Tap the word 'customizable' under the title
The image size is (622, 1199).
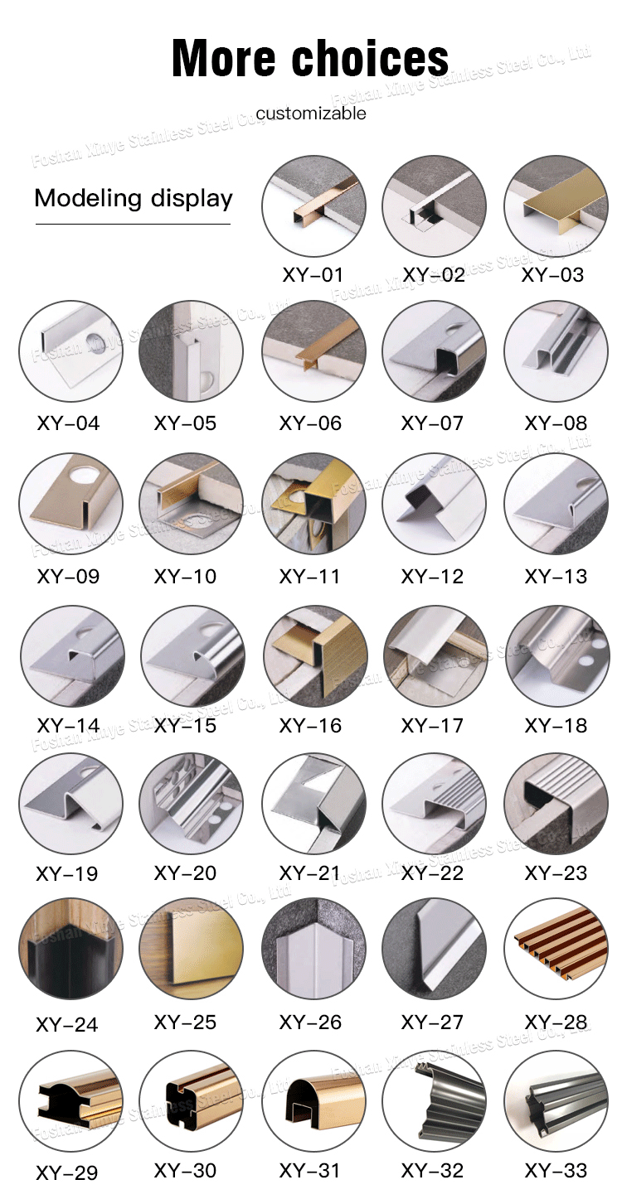(x=311, y=114)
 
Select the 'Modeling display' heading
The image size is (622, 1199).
(x=134, y=199)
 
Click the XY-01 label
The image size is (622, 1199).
(x=313, y=274)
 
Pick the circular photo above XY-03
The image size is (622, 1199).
(x=556, y=206)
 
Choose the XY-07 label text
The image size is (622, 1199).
(x=432, y=423)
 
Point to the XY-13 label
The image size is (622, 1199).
(x=556, y=577)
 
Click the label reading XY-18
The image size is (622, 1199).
(x=556, y=726)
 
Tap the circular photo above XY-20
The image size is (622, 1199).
(x=191, y=804)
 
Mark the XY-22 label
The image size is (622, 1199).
(x=432, y=873)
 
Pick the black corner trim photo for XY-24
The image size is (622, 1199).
(x=70, y=949)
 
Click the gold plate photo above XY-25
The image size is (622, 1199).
(x=191, y=949)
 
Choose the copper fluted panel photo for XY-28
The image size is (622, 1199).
(x=556, y=949)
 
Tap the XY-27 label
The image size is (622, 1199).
(x=432, y=1023)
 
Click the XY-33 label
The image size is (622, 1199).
(x=556, y=1170)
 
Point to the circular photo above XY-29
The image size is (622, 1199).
(x=70, y=1101)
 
